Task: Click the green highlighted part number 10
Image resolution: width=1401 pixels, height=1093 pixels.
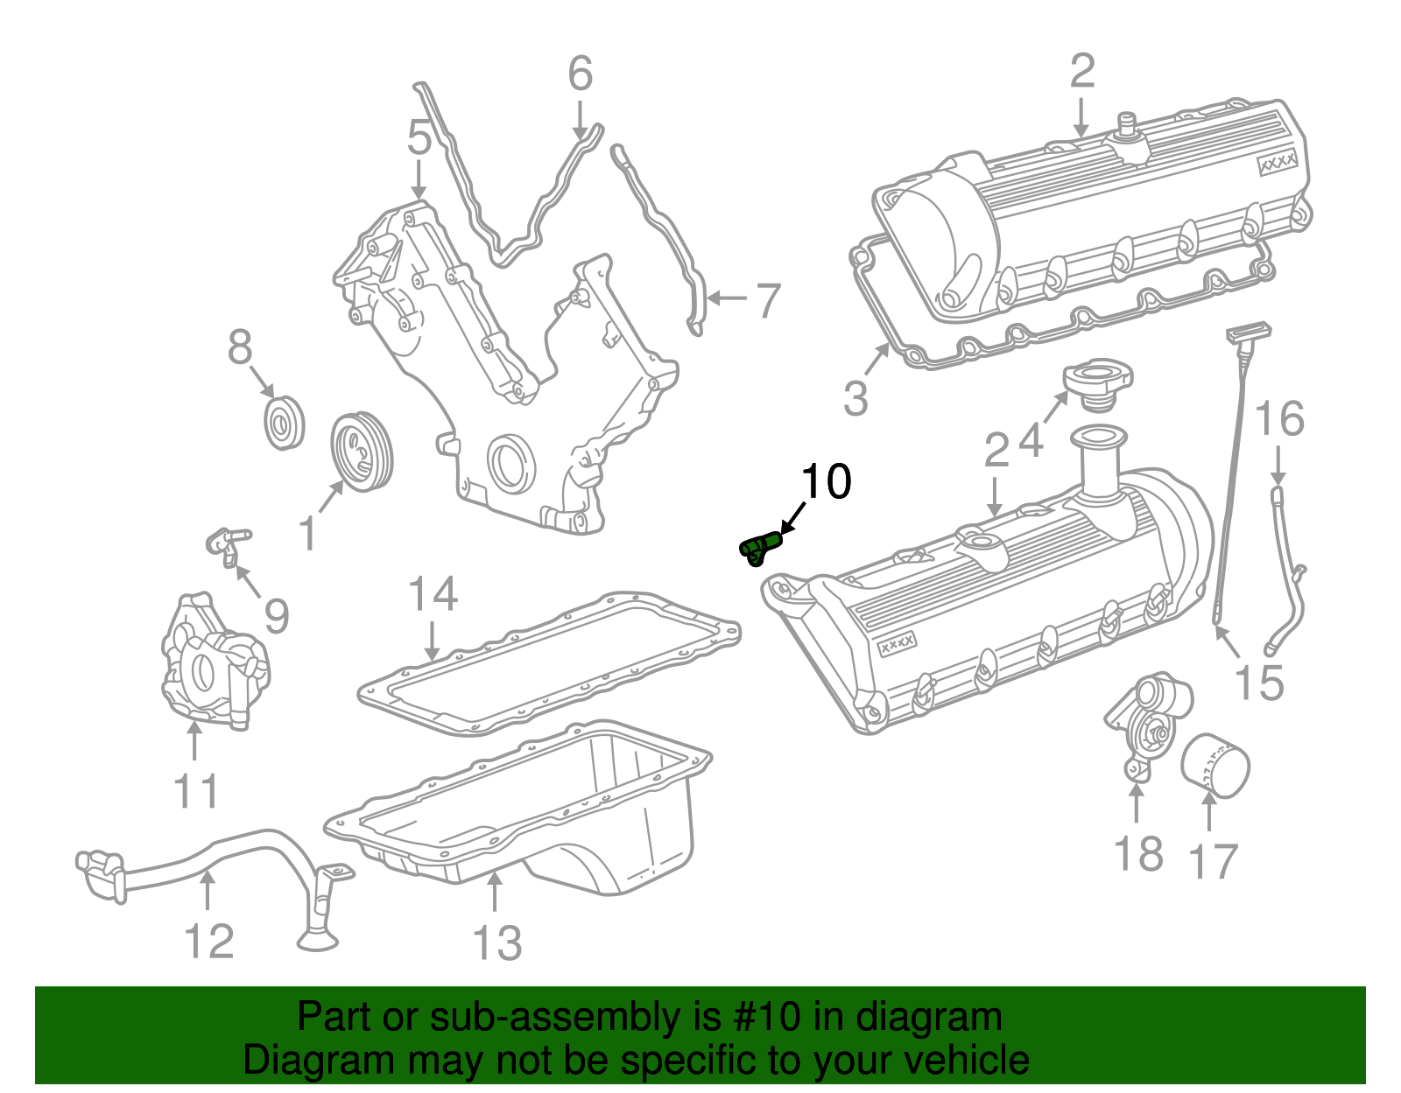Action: pos(760,549)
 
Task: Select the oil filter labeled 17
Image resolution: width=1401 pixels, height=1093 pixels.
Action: pos(1215,766)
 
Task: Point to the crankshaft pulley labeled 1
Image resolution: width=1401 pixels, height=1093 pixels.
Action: pos(362,452)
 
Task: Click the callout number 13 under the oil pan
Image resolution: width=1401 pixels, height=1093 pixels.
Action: pos(496,943)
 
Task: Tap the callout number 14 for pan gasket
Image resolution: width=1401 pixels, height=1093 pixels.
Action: pos(433,594)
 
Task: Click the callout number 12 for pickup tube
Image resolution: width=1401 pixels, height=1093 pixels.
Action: pos(209,941)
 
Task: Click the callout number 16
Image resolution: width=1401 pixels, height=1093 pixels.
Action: pos(1279,420)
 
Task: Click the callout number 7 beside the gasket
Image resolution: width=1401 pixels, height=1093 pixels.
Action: pos(767,300)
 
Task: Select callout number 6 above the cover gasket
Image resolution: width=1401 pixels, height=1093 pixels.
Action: pos(580,74)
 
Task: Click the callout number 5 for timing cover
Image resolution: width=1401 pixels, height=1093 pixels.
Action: pos(419,138)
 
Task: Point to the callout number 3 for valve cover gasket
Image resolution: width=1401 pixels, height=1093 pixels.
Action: pos(855,398)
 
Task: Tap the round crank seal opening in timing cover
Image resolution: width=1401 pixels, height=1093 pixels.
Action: pos(509,465)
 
